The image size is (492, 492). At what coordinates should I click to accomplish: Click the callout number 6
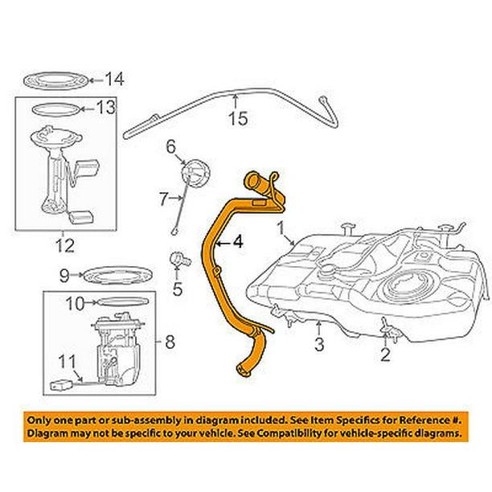click(170, 146)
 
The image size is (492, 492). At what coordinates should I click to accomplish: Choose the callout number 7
click(162, 197)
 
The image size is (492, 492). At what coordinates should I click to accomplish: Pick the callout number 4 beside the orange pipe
click(237, 240)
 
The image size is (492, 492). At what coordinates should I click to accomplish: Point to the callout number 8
click(169, 343)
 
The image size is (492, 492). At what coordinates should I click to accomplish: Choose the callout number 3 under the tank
click(318, 347)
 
